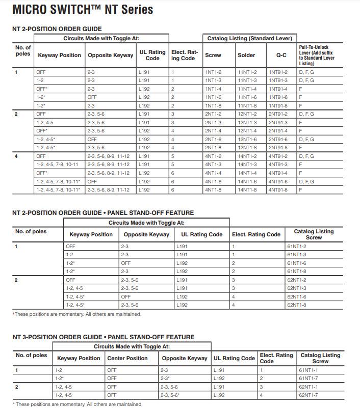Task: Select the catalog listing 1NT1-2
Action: pos(213,72)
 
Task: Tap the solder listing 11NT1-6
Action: pos(247,97)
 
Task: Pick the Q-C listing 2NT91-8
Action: pos(278,148)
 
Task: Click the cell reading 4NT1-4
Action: pos(213,173)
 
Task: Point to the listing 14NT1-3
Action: pos(247,165)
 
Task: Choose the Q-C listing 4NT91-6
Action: pos(278,181)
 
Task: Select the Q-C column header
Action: pos(281,55)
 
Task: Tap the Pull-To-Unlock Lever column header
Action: pos(315,55)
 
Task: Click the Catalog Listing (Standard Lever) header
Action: pos(249,38)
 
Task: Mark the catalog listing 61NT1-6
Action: pos(296,263)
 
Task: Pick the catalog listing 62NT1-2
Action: pos(296,280)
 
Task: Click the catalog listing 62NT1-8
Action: pos(296,305)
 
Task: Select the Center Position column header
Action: pos(127,358)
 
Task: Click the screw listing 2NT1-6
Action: pos(213,139)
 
